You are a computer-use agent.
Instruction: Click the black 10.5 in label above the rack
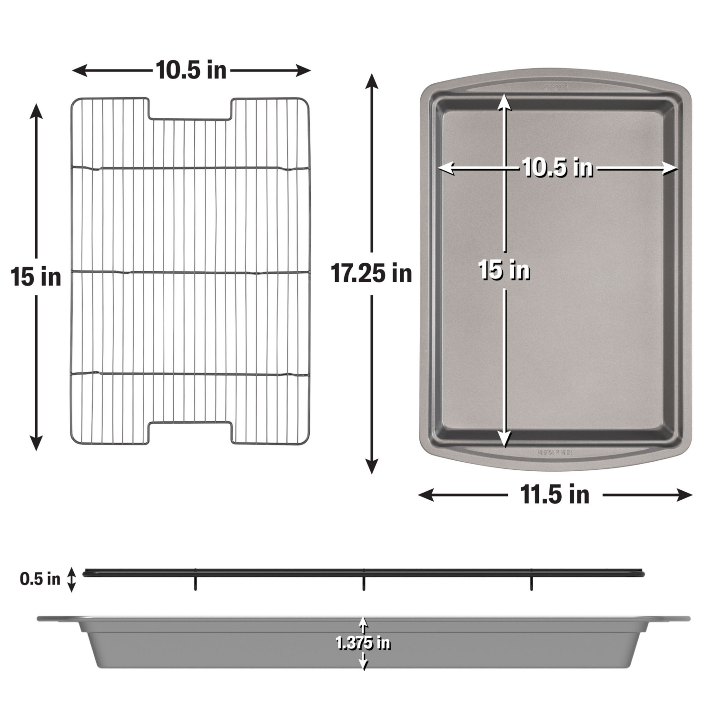coord(191,71)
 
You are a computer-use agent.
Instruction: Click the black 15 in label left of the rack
coord(36,277)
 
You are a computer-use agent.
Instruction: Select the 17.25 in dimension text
coord(371,273)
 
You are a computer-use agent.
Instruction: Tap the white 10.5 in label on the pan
coord(557,168)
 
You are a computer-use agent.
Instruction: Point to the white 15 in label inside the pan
coord(504,270)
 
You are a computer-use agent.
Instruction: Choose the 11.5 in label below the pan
coord(555,495)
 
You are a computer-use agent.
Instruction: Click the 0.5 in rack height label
coord(40,579)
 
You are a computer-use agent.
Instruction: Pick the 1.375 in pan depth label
coord(363,643)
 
